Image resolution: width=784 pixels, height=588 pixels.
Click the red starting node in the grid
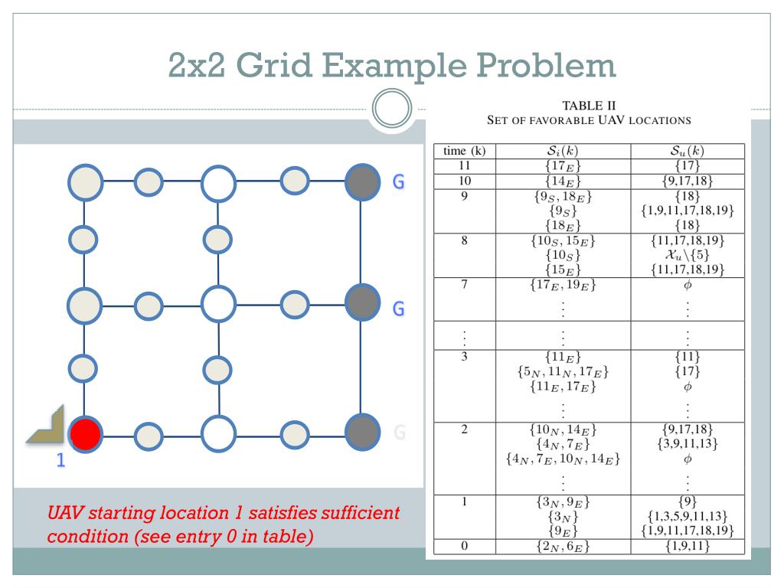click(x=85, y=435)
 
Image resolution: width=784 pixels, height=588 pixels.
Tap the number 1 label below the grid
click(x=55, y=461)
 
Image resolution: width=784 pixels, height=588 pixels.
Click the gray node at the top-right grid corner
click(x=361, y=181)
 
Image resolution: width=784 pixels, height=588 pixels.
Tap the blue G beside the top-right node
click(x=397, y=185)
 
